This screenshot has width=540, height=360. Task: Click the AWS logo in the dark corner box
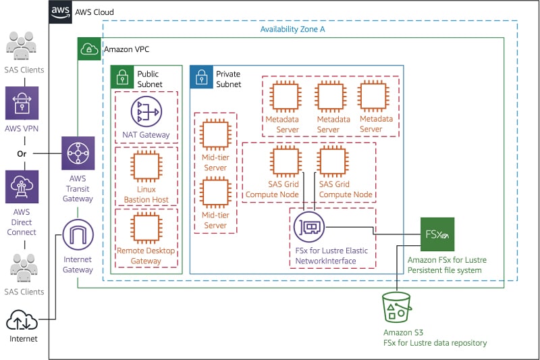click(x=60, y=11)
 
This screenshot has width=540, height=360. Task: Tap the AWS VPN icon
click(x=22, y=103)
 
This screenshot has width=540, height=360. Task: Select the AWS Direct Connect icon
click(x=22, y=186)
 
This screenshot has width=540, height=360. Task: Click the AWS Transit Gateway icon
click(x=78, y=153)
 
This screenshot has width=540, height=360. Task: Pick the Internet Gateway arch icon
click(x=78, y=234)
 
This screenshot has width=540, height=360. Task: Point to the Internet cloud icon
click(x=22, y=320)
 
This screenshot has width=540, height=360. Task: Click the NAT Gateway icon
click(x=146, y=111)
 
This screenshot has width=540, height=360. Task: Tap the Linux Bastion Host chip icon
click(x=146, y=166)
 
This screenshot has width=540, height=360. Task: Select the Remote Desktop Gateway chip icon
click(x=146, y=228)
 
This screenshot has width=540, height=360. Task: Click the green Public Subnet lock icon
click(x=122, y=77)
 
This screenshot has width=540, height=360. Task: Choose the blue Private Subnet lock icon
click(x=201, y=77)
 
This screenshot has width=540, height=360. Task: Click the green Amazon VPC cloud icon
click(x=89, y=49)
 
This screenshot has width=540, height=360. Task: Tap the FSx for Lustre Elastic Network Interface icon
click(x=309, y=227)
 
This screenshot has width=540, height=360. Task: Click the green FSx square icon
click(x=437, y=234)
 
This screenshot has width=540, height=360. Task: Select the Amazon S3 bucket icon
click(x=397, y=307)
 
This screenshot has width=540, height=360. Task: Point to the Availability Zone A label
click(x=292, y=29)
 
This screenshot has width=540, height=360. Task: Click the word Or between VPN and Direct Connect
click(x=22, y=153)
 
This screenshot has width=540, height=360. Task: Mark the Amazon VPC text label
click(x=127, y=49)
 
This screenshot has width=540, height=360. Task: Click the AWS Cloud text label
click(x=94, y=12)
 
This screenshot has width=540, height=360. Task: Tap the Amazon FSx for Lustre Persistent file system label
click(x=447, y=265)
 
